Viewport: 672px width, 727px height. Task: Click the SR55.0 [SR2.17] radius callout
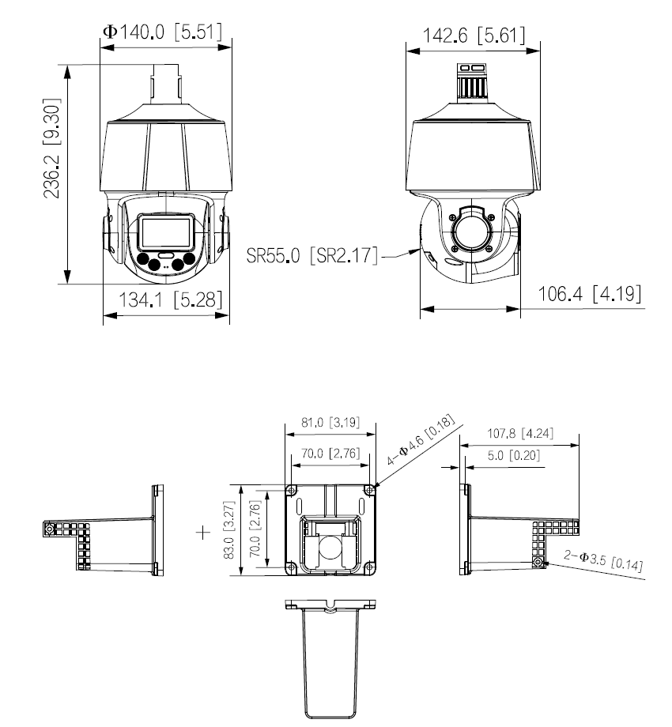tap(312, 256)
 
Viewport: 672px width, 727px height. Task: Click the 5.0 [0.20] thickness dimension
tap(510, 456)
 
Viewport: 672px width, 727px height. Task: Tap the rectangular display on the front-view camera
tap(164, 232)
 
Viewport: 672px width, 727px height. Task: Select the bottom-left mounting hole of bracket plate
tap(293, 567)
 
